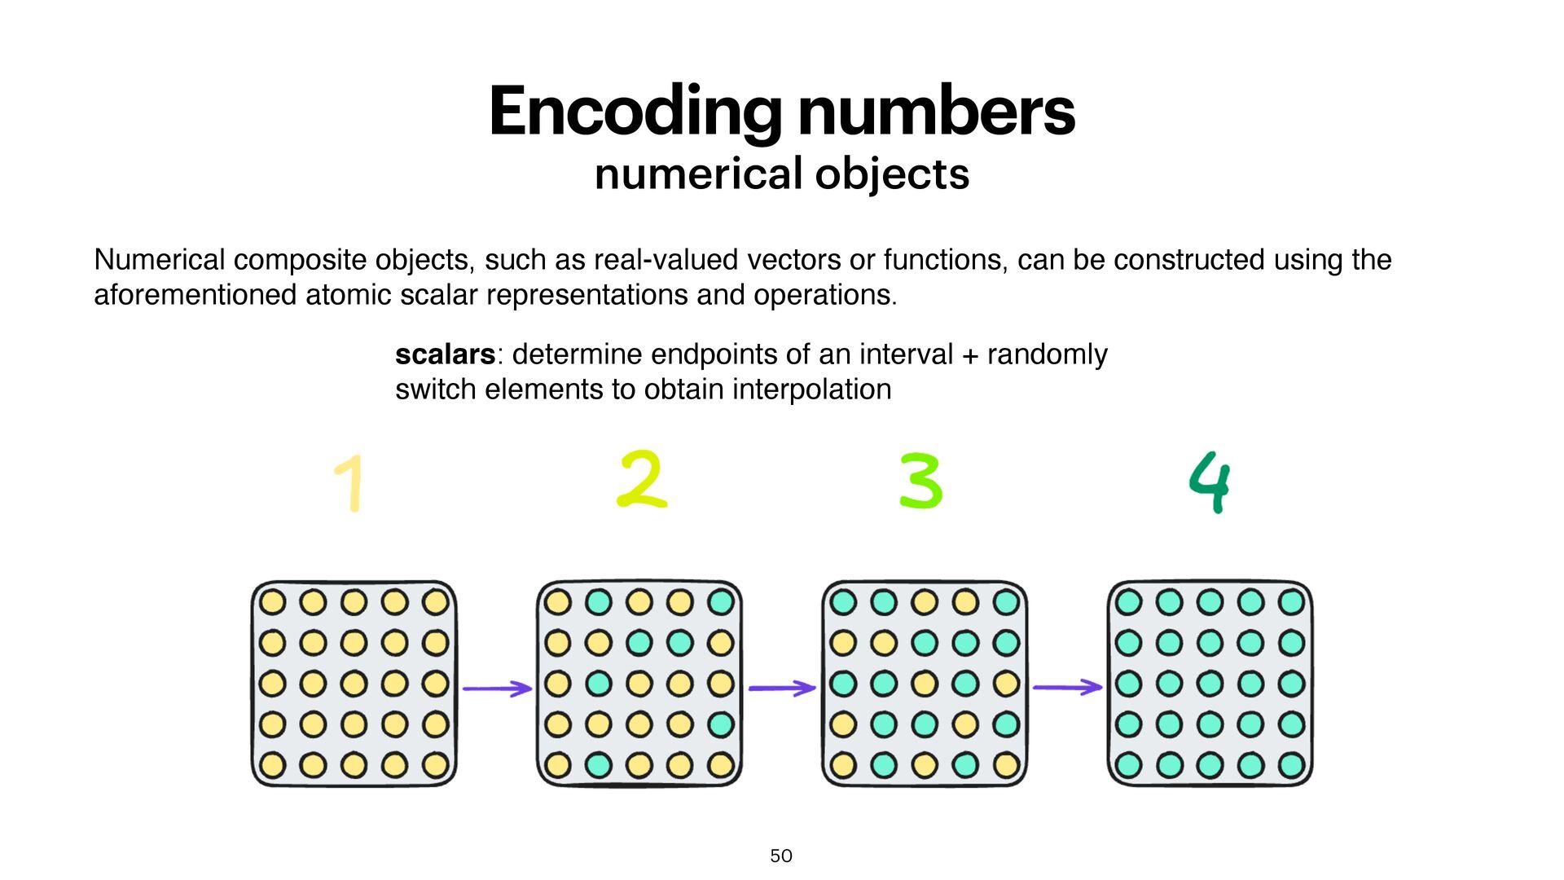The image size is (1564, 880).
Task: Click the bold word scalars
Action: tap(445, 354)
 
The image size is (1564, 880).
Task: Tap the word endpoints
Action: tap(714, 354)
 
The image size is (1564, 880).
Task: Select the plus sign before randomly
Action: tap(969, 355)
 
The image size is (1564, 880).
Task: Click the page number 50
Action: tap(781, 856)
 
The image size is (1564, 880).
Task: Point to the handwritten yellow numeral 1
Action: tap(350, 483)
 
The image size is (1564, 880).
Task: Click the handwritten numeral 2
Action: tap(642, 480)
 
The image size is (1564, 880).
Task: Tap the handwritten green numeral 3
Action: tap(921, 482)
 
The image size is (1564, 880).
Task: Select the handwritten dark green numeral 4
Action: tap(1210, 482)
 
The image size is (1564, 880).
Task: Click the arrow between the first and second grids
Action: tap(497, 689)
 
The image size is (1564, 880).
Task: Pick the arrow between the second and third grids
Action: tap(782, 689)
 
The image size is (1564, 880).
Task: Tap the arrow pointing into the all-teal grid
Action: tap(1067, 688)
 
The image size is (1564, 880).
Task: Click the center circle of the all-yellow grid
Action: tap(354, 684)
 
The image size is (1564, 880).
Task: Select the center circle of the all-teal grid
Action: tap(1210, 684)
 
